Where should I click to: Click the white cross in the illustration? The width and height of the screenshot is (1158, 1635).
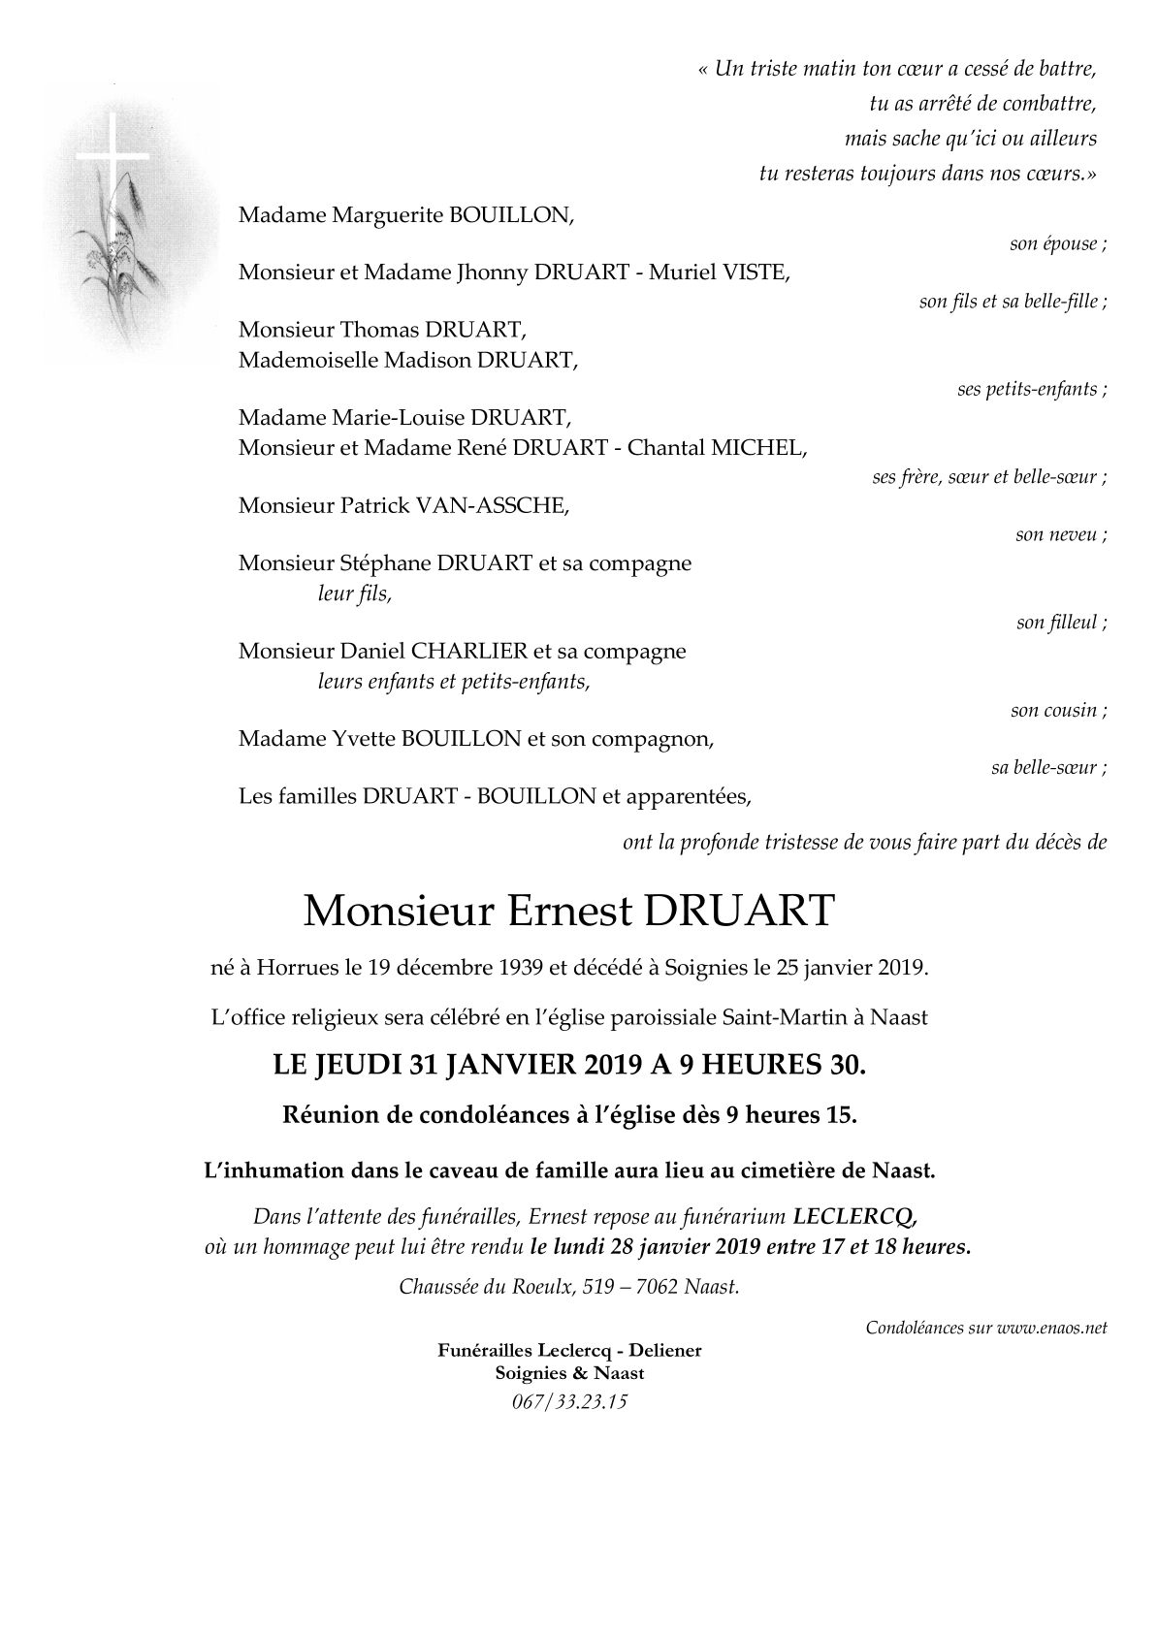113,155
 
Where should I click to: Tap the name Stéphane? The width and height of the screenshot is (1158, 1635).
388,563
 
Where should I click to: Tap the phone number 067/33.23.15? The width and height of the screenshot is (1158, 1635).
569,1400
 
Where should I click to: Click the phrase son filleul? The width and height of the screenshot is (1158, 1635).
1061,623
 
